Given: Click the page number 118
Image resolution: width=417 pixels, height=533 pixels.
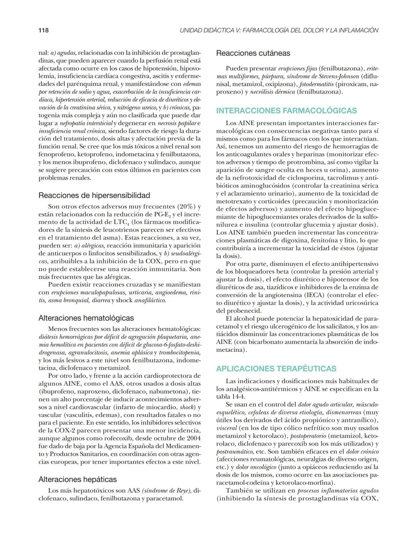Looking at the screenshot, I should pos(44,30).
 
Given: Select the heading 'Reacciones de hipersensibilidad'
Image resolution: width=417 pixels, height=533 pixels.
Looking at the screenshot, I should pos(94,195).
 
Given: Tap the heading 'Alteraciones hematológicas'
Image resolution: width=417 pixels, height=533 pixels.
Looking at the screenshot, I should pos(86,318).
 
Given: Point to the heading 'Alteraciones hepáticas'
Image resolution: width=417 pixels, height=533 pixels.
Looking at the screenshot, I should pos(78,479).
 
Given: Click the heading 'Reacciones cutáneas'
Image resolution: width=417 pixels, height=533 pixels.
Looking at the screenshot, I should pos(253,53).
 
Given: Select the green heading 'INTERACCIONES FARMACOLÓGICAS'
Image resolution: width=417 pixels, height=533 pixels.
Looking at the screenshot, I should pos(286,111).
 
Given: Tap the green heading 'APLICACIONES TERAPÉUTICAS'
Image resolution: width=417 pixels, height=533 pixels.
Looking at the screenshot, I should pos(276,368).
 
